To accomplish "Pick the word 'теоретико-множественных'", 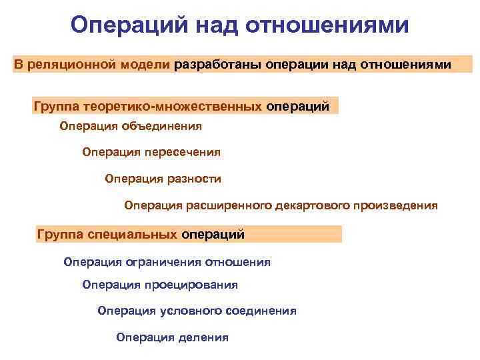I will [x=169, y=105].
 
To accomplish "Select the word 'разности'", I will [x=197, y=179].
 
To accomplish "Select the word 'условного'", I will [x=175, y=311].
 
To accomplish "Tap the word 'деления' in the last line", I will [x=203, y=337].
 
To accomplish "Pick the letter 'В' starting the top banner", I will [x=19, y=65].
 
